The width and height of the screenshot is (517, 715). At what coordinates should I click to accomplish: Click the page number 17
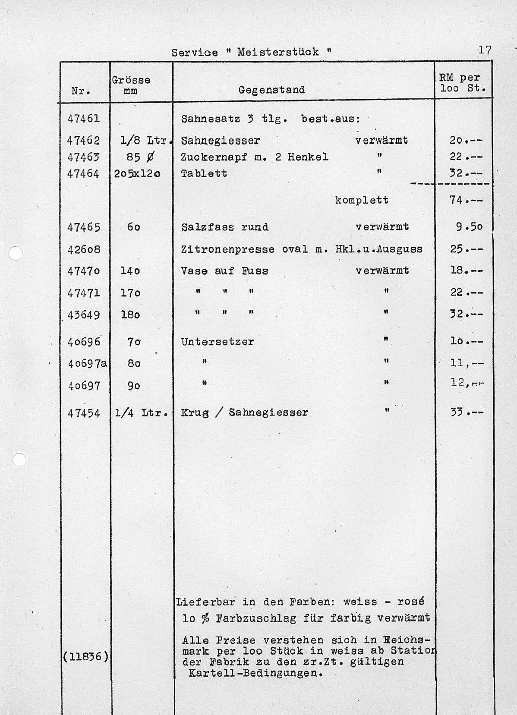485,50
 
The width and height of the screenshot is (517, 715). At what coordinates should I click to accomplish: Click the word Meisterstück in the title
278,52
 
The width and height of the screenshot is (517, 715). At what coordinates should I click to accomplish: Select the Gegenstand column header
272,90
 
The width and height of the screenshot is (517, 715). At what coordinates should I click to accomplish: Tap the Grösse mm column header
131,85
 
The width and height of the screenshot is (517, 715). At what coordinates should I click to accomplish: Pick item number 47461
84,119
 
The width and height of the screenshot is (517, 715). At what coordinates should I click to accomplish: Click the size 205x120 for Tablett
137,173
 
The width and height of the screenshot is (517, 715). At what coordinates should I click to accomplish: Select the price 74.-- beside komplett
466,200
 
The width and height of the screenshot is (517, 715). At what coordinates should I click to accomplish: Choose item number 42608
84,249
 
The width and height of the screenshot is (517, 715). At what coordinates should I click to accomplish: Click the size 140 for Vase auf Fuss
130,271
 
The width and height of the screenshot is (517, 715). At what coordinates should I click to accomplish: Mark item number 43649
84,315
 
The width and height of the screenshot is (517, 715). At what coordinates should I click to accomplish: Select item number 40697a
87,364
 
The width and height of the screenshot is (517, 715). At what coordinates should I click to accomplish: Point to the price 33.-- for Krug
467,412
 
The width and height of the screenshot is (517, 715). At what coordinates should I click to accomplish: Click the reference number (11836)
84,657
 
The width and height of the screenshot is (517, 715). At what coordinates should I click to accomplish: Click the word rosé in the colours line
410,602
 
